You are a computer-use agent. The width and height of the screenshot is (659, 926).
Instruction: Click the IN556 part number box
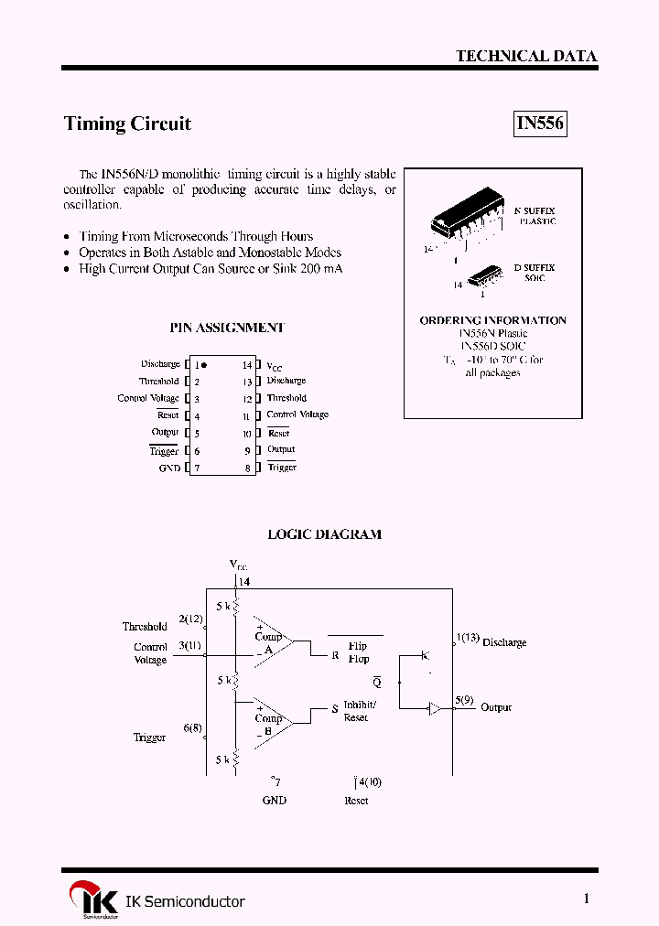(x=539, y=124)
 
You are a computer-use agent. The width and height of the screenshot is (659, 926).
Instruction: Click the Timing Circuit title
(x=127, y=124)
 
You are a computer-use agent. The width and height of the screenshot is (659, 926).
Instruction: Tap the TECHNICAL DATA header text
(x=526, y=56)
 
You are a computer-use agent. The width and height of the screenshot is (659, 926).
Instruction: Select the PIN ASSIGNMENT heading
(x=227, y=327)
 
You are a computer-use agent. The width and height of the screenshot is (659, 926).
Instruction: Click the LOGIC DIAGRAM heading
(x=324, y=534)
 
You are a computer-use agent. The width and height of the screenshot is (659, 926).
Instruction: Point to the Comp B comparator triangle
(x=271, y=719)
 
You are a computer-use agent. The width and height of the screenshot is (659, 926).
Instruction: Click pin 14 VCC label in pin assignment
(x=275, y=365)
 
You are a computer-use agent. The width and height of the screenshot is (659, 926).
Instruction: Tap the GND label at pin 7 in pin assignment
(x=169, y=468)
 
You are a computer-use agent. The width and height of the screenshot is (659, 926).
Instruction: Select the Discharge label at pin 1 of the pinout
(x=160, y=364)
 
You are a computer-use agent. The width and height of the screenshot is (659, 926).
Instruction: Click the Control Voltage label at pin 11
(x=297, y=415)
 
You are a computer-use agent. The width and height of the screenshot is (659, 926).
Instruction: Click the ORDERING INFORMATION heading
(x=492, y=320)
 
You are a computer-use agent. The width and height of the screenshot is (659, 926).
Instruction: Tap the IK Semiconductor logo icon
(x=93, y=900)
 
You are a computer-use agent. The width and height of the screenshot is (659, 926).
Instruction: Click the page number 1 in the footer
(x=587, y=899)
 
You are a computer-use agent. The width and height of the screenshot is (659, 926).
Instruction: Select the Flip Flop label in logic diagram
(x=358, y=652)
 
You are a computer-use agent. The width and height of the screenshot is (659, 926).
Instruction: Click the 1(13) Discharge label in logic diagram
(x=492, y=641)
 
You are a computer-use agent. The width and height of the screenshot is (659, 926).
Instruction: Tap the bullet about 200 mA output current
(x=211, y=269)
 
